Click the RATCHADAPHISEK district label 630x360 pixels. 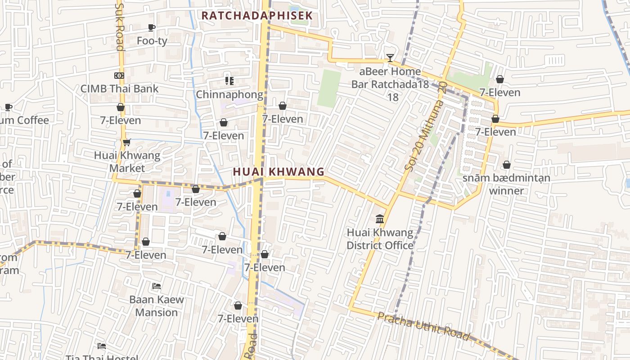[256, 15]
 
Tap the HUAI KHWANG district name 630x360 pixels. [279, 171]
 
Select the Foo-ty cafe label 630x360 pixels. [152, 41]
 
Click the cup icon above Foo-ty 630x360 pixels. [152, 27]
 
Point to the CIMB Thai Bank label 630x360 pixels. [119, 89]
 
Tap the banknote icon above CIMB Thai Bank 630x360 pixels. [119, 76]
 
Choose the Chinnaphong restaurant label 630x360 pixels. [229, 94]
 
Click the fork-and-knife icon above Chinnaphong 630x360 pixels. [229, 81]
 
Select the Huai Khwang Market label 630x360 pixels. [127, 162]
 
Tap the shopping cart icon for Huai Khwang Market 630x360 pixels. [126, 142]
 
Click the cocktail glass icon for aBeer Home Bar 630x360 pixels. [390, 58]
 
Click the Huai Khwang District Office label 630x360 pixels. [380, 239]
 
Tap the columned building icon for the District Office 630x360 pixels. [380, 219]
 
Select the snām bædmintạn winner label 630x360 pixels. [506, 184]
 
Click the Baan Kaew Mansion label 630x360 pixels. [157, 306]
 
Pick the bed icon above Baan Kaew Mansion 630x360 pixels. [157, 286]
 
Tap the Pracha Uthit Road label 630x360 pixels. [423, 327]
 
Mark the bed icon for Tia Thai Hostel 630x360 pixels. [102, 346]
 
